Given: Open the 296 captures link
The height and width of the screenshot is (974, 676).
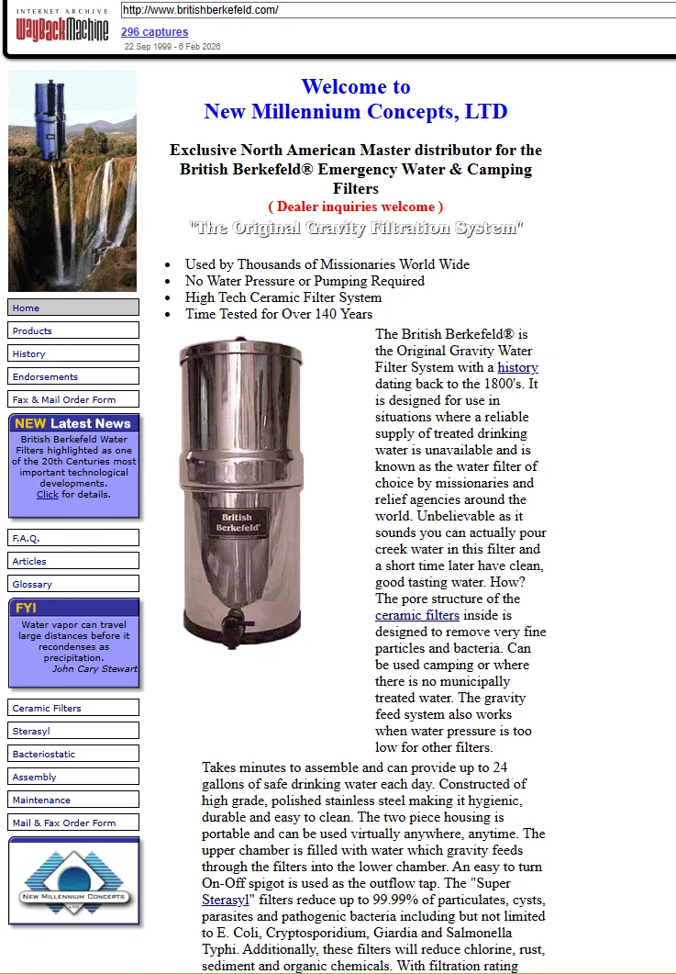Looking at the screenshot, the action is (x=155, y=32).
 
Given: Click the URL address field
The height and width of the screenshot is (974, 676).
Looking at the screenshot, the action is (x=397, y=10).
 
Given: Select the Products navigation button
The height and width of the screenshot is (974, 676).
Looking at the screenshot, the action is (x=73, y=330).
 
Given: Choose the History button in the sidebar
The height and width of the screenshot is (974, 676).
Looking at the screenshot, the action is (x=73, y=353).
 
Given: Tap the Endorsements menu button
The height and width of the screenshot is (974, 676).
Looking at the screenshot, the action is (x=73, y=376).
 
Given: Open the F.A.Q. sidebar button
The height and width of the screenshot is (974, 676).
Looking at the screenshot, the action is (x=73, y=538).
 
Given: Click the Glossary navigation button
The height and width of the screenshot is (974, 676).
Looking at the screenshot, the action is (x=73, y=584).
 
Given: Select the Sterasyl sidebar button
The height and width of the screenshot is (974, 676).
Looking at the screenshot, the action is (x=73, y=731).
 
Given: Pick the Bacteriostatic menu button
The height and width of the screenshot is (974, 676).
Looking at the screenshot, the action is (x=73, y=754).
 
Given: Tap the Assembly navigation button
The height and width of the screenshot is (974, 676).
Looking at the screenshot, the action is (x=73, y=777).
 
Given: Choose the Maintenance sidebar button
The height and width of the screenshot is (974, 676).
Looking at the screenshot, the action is (x=73, y=800).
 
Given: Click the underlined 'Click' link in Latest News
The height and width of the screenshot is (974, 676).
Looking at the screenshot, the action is (x=47, y=495).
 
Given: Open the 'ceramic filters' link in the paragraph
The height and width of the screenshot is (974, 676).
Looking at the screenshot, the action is (x=417, y=615).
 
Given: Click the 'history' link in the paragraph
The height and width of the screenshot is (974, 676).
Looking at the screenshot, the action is (x=517, y=367).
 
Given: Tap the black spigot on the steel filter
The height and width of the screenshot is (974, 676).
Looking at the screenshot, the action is (x=234, y=627).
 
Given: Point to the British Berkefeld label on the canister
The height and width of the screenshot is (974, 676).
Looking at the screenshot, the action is (x=238, y=522).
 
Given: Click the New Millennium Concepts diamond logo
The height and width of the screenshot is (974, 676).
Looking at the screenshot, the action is (x=74, y=882).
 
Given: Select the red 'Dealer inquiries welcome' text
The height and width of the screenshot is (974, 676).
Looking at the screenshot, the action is (x=356, y=207).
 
